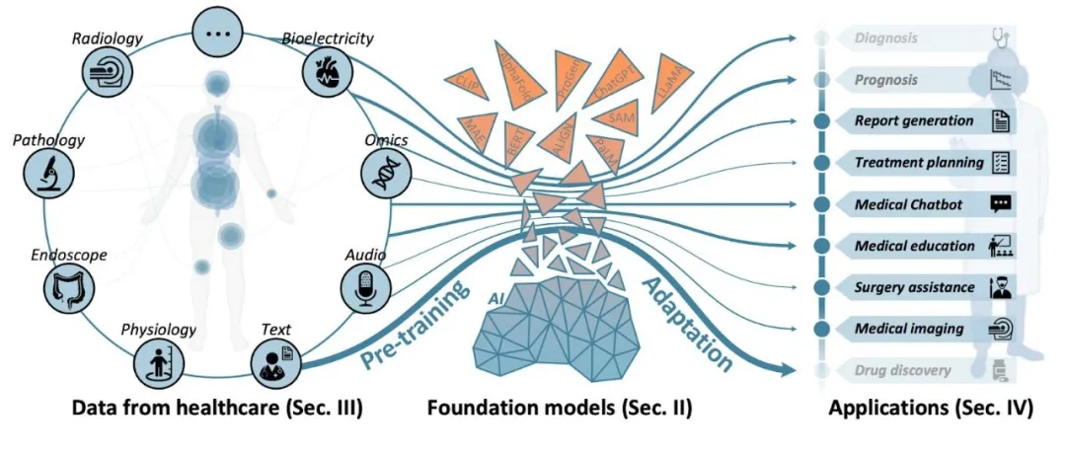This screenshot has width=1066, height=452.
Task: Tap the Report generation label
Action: [900, 121]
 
